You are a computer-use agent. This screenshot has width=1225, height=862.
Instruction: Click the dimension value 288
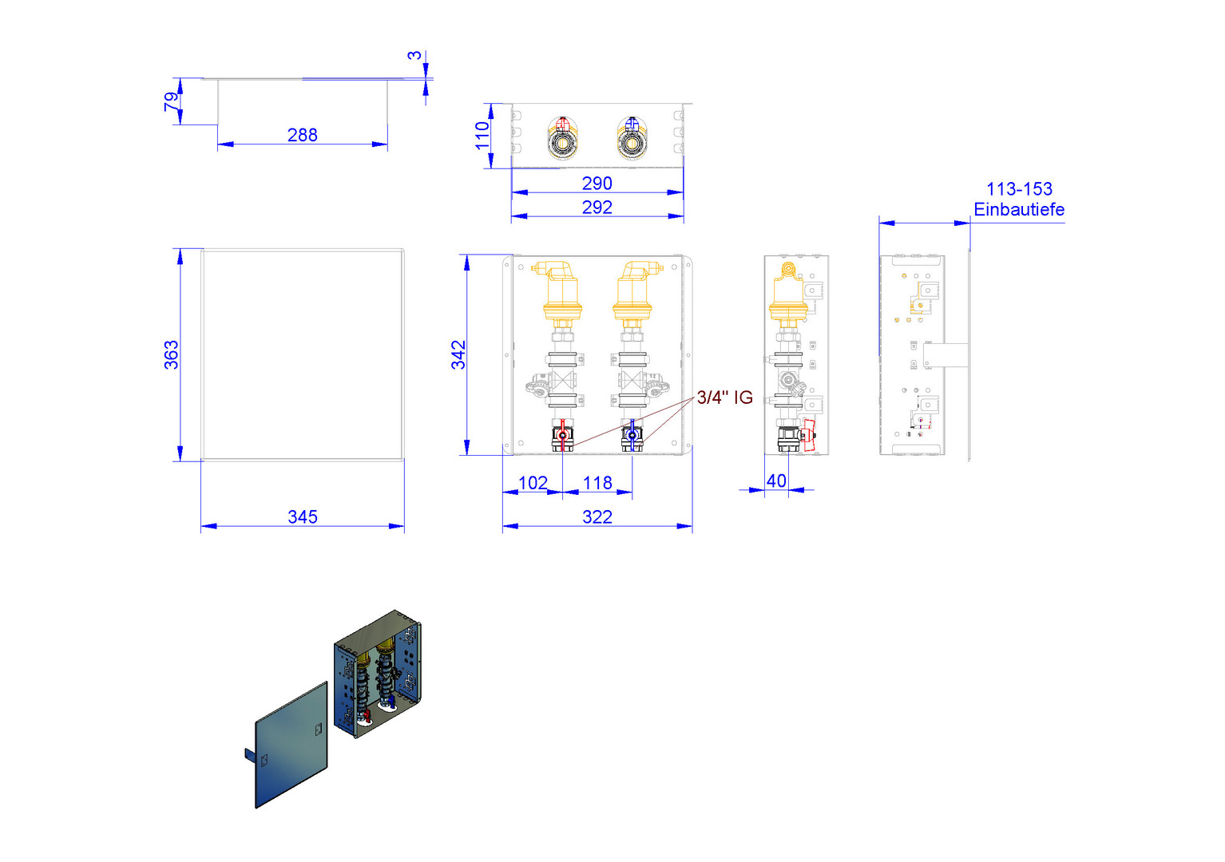[303, 135]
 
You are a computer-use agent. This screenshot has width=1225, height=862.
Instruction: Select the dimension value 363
[171, 354]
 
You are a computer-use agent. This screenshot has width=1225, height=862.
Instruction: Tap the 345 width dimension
[303, 517]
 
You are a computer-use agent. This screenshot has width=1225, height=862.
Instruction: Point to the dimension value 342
[458, 354]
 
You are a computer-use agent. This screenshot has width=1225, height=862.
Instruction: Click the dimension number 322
[597, 517]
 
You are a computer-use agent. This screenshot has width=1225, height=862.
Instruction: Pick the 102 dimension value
[533, 483]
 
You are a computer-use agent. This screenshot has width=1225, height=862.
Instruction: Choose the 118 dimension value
[597, 483]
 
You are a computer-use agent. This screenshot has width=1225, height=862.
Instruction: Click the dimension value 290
[597, 184]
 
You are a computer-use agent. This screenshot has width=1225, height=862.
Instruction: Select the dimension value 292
[597, 208]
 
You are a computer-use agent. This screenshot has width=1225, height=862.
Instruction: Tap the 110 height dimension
[482, 136]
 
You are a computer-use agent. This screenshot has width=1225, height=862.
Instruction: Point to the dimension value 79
[171, 101]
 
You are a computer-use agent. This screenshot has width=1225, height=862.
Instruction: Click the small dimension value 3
[415, 55]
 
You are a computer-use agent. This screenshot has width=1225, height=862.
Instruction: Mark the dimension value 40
[776, 481]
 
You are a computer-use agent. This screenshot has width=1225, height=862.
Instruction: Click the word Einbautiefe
[1019, 209]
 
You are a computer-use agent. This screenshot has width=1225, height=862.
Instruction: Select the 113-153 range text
[1020, 189]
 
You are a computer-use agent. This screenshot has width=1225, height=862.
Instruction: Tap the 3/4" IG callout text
[724, 397]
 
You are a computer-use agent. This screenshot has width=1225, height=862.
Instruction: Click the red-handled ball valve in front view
[563, 436]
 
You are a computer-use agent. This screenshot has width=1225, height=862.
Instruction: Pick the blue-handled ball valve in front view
[632, 436]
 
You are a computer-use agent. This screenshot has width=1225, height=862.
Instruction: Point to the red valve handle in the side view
[807, 435]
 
